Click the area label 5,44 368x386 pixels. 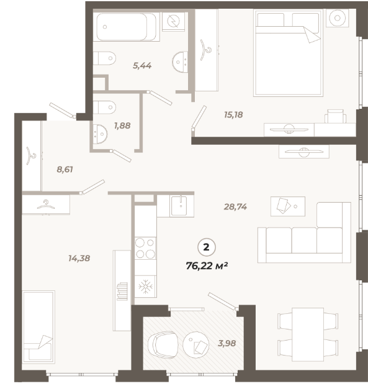[142, 66]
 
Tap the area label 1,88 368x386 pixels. [122, 126]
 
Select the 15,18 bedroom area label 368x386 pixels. [233, 115]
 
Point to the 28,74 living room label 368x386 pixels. [235, 207]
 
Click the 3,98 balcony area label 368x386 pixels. [227, 343]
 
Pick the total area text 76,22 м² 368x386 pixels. [207, 266]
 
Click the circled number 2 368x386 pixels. [207, 247]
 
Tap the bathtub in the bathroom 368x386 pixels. [127, 27]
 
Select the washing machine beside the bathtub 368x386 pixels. [174, 21]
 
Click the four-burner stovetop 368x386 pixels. [145, 248]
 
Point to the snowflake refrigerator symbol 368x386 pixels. [146, 287]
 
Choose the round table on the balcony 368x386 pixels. [196, 343]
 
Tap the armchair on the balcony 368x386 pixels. [163, 344]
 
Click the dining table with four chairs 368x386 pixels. [308, 334]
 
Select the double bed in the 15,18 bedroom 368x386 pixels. [288, 53]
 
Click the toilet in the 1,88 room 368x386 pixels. [104, 108]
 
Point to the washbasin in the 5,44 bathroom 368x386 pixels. [180, 62]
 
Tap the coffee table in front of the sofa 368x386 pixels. [288, 206]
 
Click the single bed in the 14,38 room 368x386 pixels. [38, 327]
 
